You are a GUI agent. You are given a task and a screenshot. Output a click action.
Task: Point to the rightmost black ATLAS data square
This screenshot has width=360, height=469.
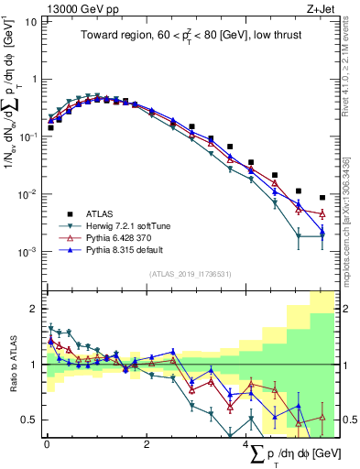[322, 197]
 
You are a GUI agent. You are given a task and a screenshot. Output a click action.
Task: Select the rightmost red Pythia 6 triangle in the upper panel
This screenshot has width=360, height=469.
[322, 214]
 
